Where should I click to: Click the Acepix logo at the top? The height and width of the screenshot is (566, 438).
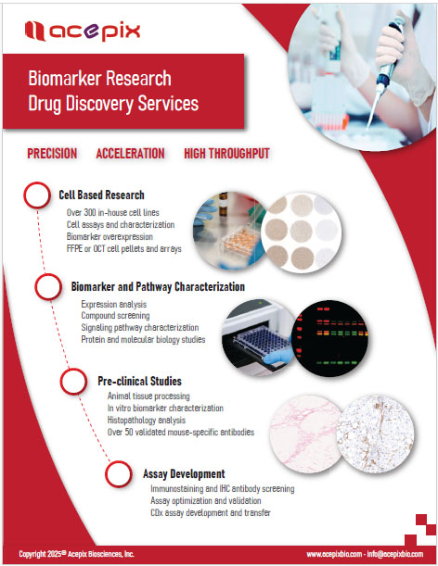(x=83, y=31)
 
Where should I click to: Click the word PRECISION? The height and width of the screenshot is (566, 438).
(x=52, y=154)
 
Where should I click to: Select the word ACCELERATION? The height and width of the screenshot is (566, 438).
(x=130, y=154)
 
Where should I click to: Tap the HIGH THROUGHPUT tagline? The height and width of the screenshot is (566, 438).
(x=226, y=154)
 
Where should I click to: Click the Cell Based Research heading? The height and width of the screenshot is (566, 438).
(x=102, y=195)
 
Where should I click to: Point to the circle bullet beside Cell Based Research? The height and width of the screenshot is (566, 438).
(x=37, y=195)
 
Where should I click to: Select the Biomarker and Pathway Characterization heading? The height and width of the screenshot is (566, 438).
(x=158, y=286)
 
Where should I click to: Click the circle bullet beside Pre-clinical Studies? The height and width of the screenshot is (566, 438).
(x=73, y=381)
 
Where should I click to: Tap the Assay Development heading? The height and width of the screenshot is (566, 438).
(x=184, y=473)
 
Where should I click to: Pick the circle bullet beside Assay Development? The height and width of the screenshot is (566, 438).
(x=118, y=474)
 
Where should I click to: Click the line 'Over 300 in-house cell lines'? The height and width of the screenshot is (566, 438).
(x=113, y=213)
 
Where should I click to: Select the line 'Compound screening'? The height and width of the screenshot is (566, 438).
(x=115, y=316)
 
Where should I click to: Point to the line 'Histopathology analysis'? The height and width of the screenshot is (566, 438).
(x=147, y=421)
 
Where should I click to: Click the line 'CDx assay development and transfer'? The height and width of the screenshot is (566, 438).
(x=211, y=512)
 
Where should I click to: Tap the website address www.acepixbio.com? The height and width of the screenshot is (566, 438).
(x=334, y=554)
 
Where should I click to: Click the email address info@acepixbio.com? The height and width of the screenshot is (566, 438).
(x=395, y=554)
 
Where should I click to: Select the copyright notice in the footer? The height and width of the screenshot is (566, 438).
(x=76, y=554)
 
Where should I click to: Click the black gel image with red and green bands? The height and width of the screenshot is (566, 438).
(x=329, y=338)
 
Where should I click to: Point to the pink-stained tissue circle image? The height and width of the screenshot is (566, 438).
(x=306, y=434)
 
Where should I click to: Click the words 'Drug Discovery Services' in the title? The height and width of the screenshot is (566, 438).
(x=113, y=103)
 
